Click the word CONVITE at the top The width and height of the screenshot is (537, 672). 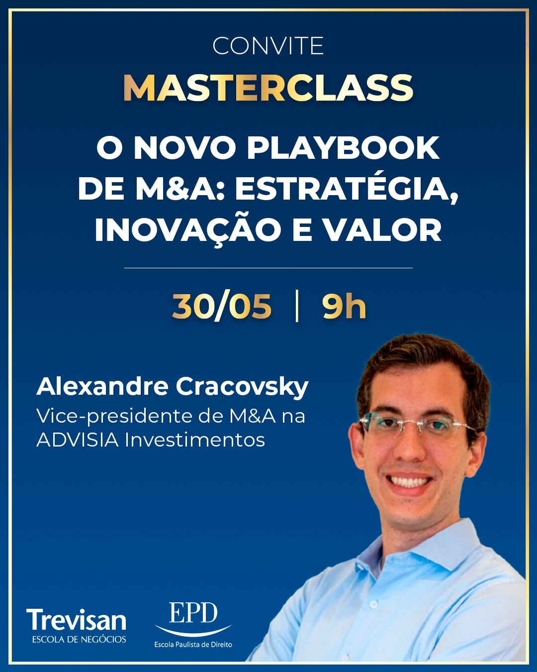[x=268, y=46]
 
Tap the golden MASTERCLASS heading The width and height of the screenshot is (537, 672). [x=268, y=88]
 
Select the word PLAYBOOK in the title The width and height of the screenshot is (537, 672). [x=343, y=148]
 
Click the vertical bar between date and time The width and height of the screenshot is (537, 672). [x=297, y=306]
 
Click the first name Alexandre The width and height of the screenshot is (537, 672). [x=102, y=386]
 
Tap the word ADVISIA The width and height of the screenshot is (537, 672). [x=78, y=440]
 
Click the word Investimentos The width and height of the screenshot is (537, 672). [x=195, y=440]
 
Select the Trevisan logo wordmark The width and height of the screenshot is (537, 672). [x=76, y=620]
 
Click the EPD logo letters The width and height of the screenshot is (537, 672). [x=193, y=612]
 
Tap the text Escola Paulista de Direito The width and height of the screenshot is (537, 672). [x=193, y=644]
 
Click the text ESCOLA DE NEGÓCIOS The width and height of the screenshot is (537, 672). [x=79, y=639]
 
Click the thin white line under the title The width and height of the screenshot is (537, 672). [x=268, y=268]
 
